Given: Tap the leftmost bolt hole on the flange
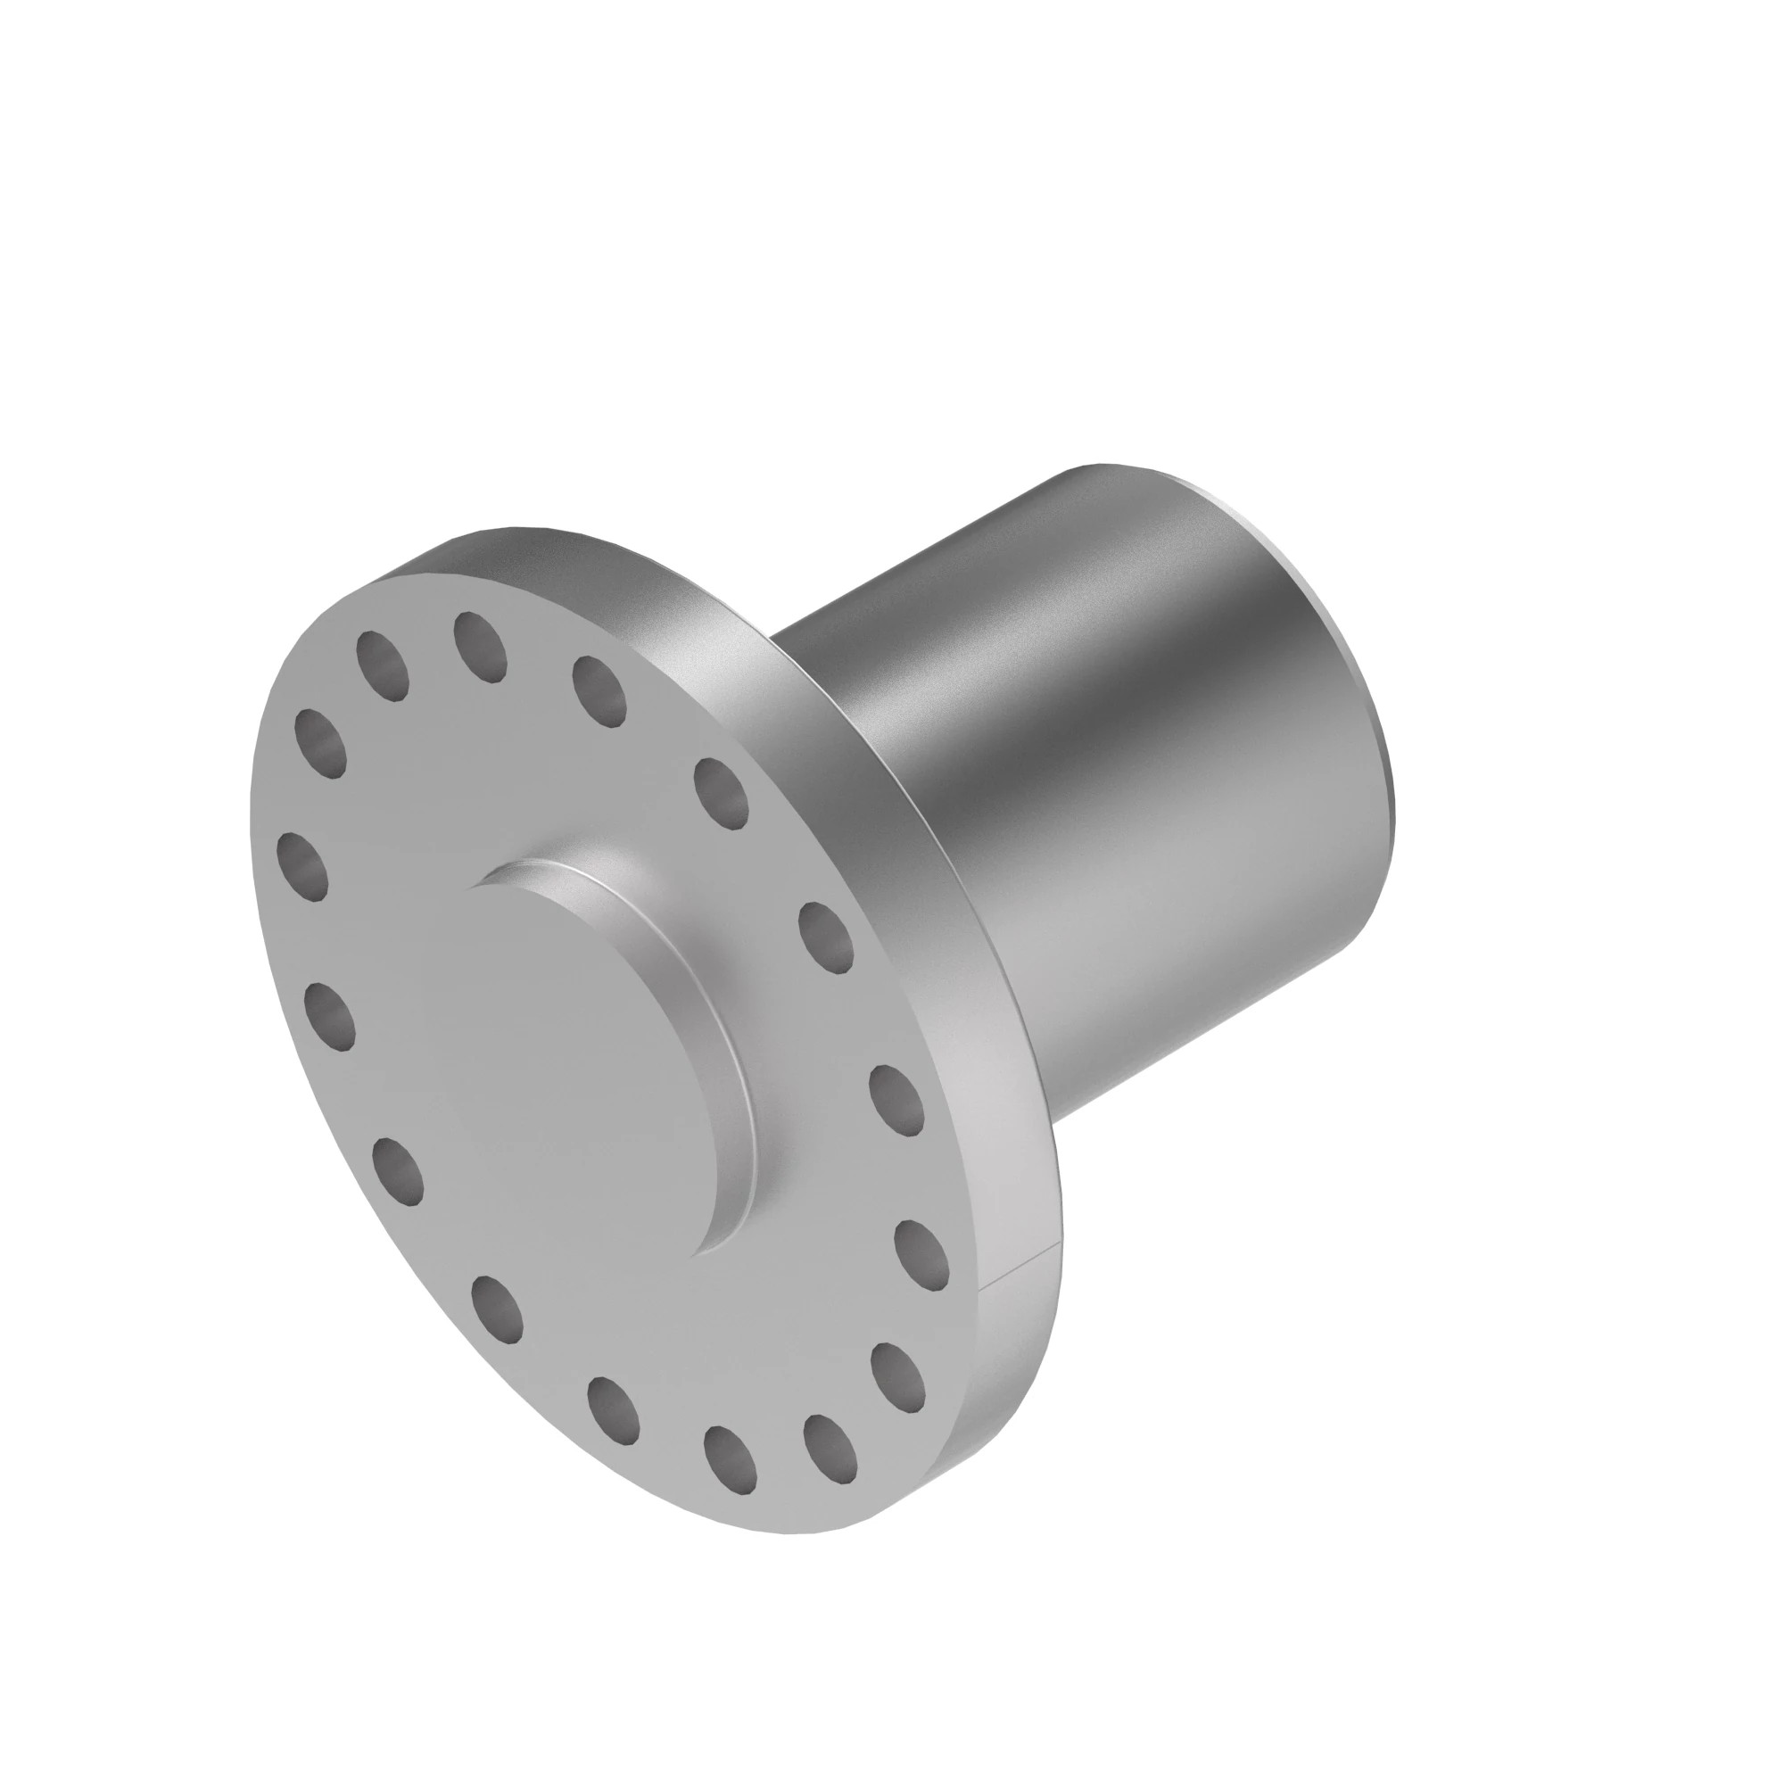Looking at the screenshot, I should [303, 865].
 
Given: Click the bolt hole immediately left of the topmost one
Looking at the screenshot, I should [383, 665].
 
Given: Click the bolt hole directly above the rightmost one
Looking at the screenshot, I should [896, 1098].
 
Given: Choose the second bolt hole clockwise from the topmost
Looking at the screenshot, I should [721, 789].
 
